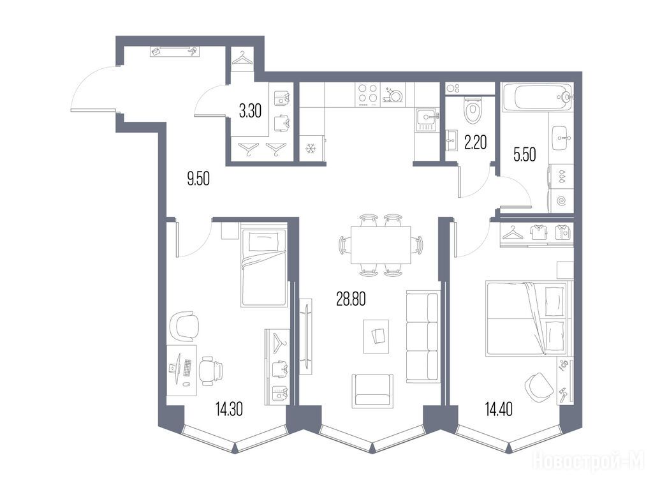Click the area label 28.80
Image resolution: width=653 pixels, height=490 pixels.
[x=351, y=299]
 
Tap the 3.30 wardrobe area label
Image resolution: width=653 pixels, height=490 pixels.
[x=250, y=111]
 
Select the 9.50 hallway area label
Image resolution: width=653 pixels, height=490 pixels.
[x=198, y=179]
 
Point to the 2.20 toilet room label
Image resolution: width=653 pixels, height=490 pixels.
[x=475, y=143]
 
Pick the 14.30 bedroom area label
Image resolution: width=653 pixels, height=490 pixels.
[x=229, y=409]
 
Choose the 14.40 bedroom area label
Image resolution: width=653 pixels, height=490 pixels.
[x=499, y=409]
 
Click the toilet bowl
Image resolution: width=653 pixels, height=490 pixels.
[x=473, y=110]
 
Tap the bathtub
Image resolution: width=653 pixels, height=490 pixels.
[x=538, y=97]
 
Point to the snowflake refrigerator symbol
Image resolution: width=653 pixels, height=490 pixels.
[x=311, y=148]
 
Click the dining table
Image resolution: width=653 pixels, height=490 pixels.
[x=381, y=244]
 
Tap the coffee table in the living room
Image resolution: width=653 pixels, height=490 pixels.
[x=376, y=336]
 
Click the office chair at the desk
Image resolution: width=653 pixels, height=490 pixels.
[x=210, y=371]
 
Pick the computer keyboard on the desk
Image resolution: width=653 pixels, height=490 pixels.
[x=187, y=367]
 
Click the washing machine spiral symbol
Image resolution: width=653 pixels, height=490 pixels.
[x=561, y=201]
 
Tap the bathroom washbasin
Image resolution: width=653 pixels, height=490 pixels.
[x=561, y=137]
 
